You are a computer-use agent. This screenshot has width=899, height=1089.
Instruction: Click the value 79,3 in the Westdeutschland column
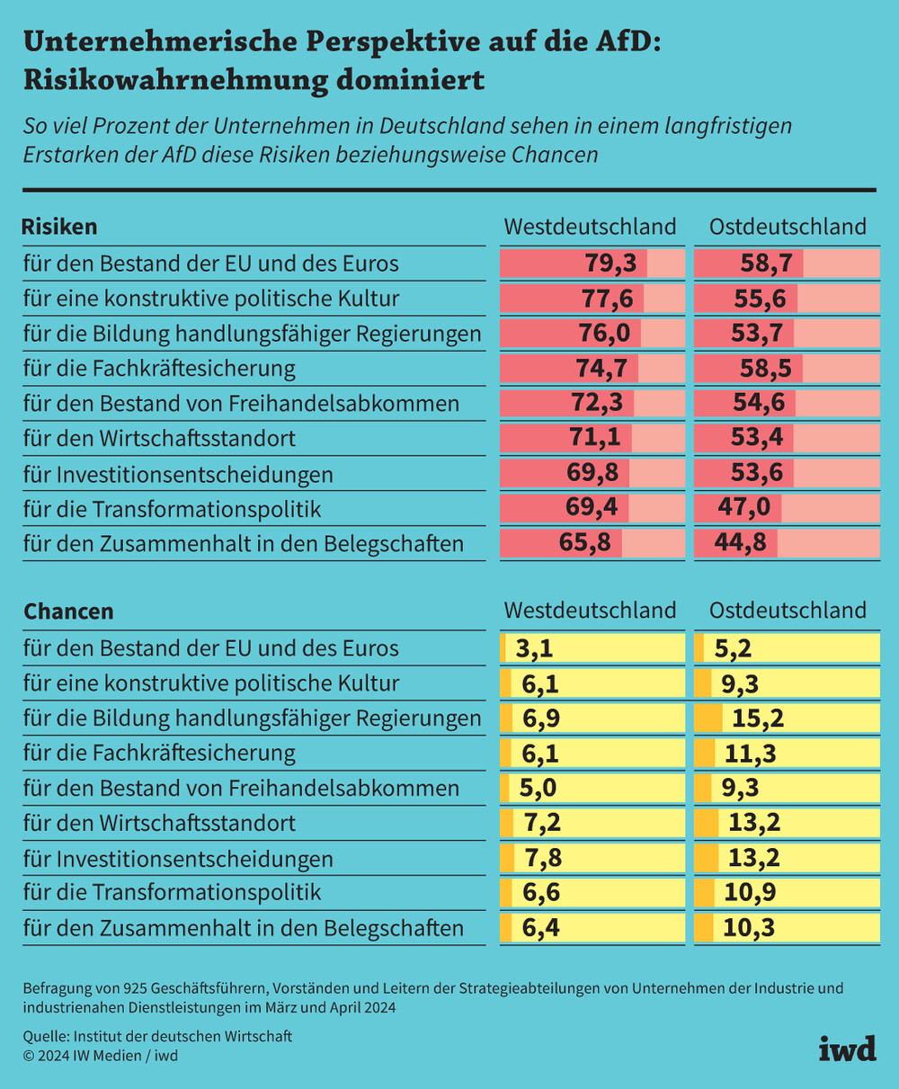610,263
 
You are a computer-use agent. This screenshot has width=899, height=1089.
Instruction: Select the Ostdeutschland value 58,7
766,263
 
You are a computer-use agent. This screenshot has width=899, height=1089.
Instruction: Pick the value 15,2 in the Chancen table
757,718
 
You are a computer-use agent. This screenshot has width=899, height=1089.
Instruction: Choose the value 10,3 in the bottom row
748,927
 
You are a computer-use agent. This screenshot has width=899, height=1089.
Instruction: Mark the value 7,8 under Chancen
543,858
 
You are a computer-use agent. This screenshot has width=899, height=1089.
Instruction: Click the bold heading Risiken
59,226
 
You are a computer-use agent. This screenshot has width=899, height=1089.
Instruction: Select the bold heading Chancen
68,611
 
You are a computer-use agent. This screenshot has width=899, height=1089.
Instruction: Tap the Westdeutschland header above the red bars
590,226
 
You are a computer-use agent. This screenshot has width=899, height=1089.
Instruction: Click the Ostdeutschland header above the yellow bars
788,611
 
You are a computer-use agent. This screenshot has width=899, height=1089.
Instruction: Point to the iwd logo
846,1049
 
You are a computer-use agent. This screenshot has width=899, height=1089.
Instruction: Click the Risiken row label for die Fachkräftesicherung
159,368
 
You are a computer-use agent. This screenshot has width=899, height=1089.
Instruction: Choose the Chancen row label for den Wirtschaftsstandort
159,823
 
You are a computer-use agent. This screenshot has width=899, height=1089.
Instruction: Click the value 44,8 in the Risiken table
736,542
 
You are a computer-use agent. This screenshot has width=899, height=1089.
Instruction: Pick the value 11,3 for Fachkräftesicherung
751,753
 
